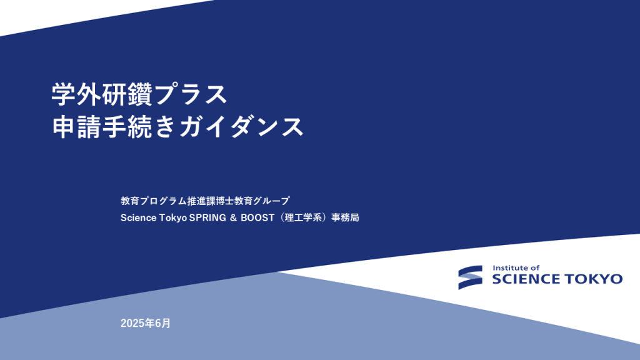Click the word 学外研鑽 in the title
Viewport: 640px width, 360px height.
tap(102, 94)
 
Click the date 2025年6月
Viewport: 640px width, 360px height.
tap(146, 323)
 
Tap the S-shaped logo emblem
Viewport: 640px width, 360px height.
tap(470, 277)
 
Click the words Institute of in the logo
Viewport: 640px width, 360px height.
tap(516, 268)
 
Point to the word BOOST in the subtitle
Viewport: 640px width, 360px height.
tap(257, 218)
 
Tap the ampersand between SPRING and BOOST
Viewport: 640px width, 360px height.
tap(234, 218)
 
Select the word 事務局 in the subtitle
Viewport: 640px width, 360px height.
tap(345, 217)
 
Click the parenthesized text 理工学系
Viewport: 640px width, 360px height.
tap(303, 217)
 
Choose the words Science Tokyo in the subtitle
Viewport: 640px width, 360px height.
tap(154, 218)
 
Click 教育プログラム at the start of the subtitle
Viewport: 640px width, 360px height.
tap(154, 201)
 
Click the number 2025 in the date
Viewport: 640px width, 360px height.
tap(132, 323)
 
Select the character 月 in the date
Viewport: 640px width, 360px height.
tap(166, 323)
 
